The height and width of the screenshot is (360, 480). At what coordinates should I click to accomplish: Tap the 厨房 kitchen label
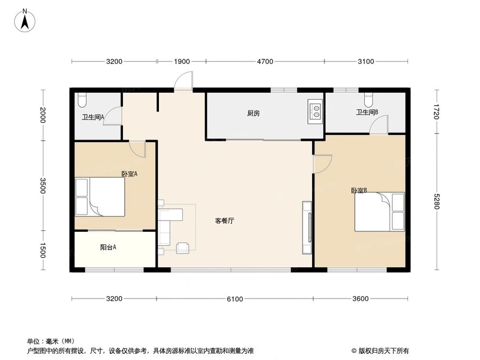click(x=253, y=114)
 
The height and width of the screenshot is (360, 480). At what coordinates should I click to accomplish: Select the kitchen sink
click(x=316, y=111)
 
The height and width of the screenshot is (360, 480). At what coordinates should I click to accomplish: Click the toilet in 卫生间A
click(x=82, y=99)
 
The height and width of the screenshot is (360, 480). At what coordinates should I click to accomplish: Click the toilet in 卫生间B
click(x=368, y=99)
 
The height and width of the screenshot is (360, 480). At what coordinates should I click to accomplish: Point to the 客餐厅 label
click(x=224, y=221)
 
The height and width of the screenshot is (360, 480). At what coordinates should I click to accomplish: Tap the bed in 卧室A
click(x=100, y=197)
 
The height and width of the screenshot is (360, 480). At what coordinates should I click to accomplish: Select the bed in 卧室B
click(x=380, y=212)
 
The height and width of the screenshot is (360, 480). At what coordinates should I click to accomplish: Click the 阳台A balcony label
click(x=108, y=248)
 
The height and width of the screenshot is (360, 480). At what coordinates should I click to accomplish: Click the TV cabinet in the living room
click(x=307, y=228)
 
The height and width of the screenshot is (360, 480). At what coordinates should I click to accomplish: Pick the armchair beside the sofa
click(x=183, y=248)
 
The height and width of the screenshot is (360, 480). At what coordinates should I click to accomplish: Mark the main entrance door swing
click(x=183, y=81)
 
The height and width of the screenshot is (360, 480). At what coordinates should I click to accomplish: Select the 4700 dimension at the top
click(x=264, y=61)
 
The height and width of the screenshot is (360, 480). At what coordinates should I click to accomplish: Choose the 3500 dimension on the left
click(x=43, y=186)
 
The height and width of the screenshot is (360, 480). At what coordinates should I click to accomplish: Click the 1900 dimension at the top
click(x=181, y=61)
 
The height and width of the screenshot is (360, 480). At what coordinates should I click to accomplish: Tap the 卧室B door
click(x=321, y=163)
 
